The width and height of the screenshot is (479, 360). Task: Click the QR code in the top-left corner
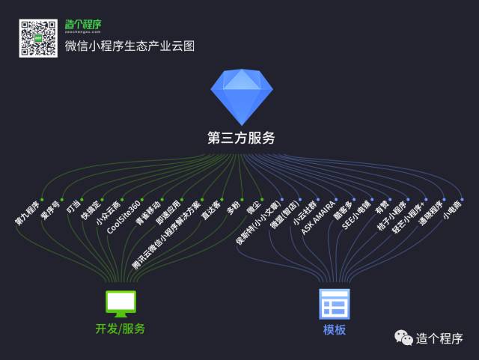pos(38,38)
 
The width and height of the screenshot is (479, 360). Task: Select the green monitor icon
pos(120,302)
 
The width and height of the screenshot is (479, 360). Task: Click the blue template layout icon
pos(335,304)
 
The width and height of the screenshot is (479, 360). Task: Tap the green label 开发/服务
pos(120,329)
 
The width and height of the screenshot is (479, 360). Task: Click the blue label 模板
pos(335,329)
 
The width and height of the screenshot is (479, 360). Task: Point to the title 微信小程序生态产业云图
pos(130,46)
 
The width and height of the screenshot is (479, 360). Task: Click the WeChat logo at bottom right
pos(404,338)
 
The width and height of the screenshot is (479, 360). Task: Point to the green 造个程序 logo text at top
pos(84,24)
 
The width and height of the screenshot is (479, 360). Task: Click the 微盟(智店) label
pos(284,217)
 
